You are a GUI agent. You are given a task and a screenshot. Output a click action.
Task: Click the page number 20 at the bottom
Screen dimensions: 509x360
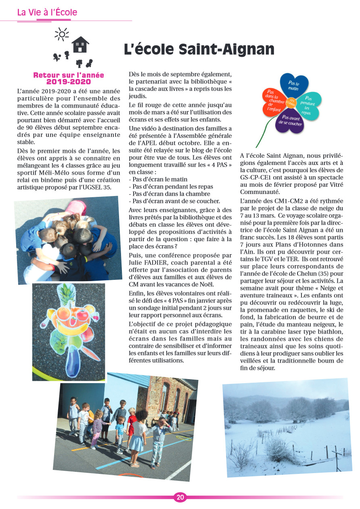[180, 497]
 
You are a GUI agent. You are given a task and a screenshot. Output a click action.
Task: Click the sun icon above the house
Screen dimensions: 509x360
[61, 34]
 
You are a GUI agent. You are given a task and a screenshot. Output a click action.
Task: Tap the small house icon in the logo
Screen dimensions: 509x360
[80, 45]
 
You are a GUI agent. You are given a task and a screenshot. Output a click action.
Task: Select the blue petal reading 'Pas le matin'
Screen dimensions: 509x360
[294, 85]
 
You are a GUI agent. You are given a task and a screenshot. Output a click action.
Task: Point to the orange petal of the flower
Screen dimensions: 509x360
[275, 101]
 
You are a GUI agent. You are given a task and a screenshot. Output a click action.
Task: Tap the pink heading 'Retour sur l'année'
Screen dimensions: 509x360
[69, 75]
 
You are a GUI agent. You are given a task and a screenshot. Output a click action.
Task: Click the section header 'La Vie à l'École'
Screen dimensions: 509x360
[47, 13]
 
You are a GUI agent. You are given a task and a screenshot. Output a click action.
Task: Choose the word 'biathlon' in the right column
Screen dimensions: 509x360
[331, 332]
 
